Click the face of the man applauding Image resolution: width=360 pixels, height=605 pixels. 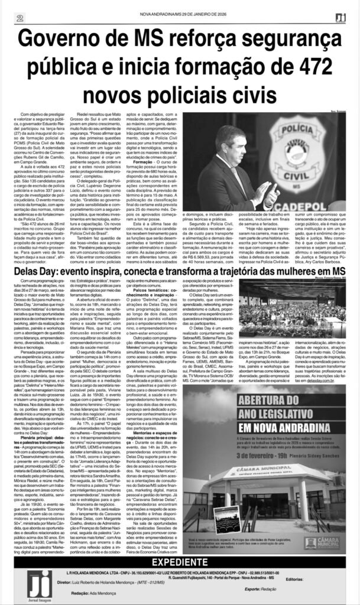[x=231, y=144]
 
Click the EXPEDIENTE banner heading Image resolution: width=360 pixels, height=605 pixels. [x=180, y=562]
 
